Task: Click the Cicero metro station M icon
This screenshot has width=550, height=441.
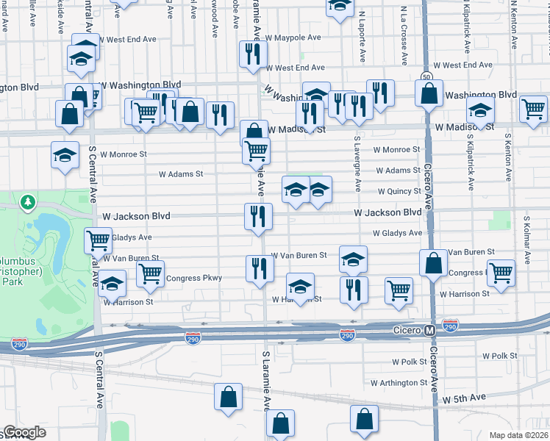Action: click(x=430, y=331)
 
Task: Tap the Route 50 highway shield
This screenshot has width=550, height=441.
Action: click(x=427, y=76)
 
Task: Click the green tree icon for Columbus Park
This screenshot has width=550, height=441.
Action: click(x=28, y=201)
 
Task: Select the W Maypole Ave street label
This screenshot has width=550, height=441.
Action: click(x=293, y=37)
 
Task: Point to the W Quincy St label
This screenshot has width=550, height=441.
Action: click(x=399, y=191)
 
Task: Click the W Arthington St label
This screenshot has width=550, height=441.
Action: click(x=399, y=383)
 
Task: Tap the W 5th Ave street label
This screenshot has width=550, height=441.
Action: click(x=463, y=398)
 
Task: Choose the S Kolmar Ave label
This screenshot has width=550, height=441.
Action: click(x=526, y=240)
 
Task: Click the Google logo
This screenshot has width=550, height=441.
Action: click(x=24, y=432)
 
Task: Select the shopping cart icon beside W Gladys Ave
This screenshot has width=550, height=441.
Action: click(x=98, y=240)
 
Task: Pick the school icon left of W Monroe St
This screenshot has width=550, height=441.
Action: click(x=65, y=154)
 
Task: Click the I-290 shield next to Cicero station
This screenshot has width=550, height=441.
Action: click(x=348, y=334)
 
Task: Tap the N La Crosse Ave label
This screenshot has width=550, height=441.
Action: click(x=404, y=33)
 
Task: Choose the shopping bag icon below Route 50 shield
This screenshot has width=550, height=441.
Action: click(x=429, y=93)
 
